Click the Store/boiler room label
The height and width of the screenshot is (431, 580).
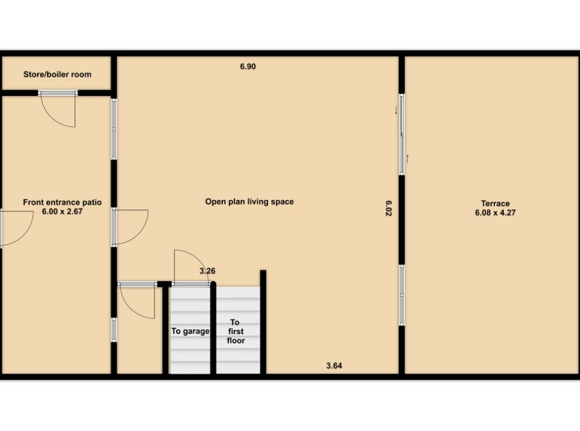[57, 74]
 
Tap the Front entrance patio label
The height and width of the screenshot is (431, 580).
[62, 203]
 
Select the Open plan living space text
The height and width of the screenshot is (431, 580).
[249, 201]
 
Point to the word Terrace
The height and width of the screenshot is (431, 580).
[496, 203]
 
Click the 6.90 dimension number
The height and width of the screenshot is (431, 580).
[248, 66]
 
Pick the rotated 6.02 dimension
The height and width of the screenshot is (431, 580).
[388, 208]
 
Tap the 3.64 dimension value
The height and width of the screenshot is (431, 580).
[334, 365]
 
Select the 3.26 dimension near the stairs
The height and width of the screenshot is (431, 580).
[208, 271]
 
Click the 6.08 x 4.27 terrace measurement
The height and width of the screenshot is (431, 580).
[496, 213]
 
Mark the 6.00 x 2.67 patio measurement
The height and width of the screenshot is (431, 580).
[62, 212]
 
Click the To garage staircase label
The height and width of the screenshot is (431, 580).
[190, 331]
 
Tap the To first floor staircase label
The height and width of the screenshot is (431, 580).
[236, 331]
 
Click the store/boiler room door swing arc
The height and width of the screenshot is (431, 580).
[52, 117]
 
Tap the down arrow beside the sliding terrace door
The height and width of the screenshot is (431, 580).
[396, 110]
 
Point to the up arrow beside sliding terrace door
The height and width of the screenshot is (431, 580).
[408, 159]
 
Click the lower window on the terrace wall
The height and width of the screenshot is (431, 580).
[401, 295]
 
